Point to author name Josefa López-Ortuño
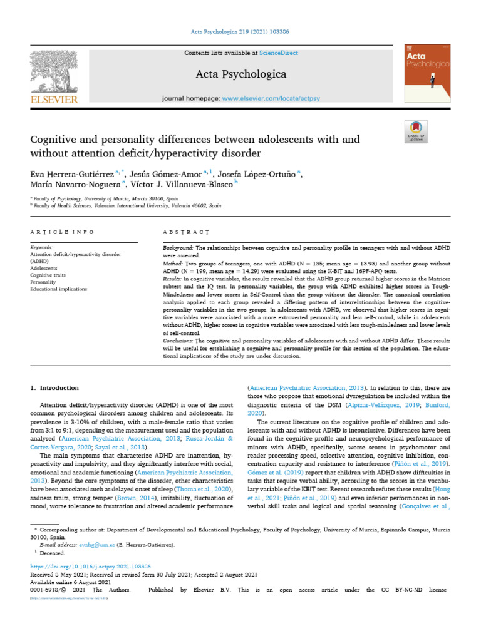(257, 174)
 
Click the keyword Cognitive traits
(48, 275)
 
